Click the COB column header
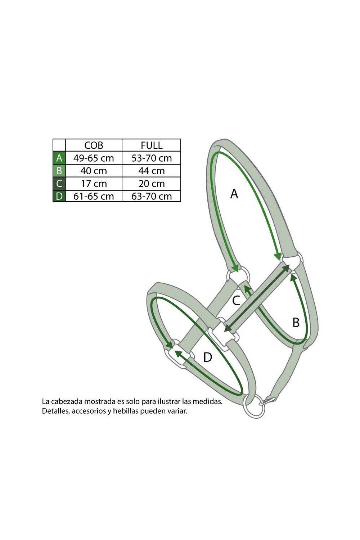[x=94, y=145]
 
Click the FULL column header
[x=152, y=145]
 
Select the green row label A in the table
[x=59, y=158]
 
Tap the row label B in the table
[x=59, y=171]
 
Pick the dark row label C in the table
[x=59, y=184]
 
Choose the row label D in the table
[x=59, y=196]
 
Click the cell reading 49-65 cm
[x=94, y=158]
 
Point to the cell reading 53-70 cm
[x=152, y=158]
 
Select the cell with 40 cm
[x=94, y=171]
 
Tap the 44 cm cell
[x=152, y=171]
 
